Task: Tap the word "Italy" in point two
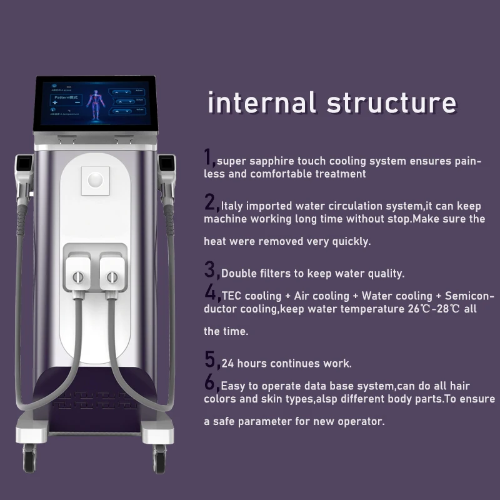point(235,206)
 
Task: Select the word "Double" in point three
point(237,273)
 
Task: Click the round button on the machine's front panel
point(95,180)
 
